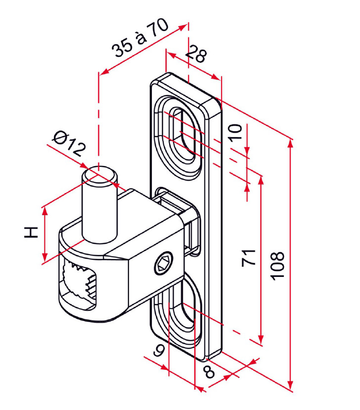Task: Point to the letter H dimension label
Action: tap(31, 232)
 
